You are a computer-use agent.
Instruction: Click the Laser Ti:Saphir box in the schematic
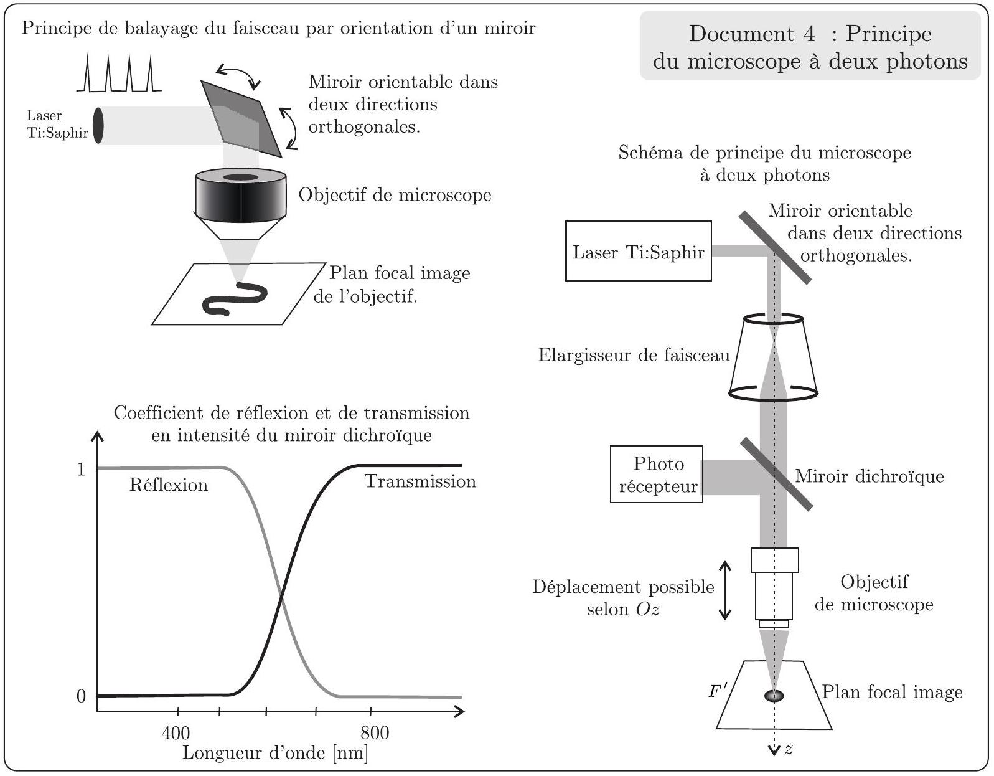click(639, 251)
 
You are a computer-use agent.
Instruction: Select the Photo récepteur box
click(657, 474)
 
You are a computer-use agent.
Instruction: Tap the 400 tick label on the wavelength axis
click(176, 733)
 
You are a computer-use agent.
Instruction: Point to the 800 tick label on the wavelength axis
click(375, 733)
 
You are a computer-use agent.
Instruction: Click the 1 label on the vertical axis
click(82, 470)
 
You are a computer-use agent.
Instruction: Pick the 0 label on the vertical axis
click(81, 696)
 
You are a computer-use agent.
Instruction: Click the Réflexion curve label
click(168, 485)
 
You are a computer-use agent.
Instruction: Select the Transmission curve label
click(420, 481)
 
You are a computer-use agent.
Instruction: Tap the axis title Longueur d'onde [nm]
click(275, 753)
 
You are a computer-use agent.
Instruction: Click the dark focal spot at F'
click(774, 696)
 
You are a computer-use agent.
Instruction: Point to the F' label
click(717, 690)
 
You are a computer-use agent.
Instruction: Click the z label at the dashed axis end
click(789, 749)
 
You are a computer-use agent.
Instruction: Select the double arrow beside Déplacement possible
click(725, 590)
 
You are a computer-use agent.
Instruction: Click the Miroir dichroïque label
click(869, 476)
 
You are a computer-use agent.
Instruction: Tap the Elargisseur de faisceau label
click(634, 355)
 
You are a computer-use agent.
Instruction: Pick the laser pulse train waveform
click(119, 73)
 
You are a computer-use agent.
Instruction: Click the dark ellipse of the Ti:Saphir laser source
click(98, 125)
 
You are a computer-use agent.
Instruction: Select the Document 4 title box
click(810, 46)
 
